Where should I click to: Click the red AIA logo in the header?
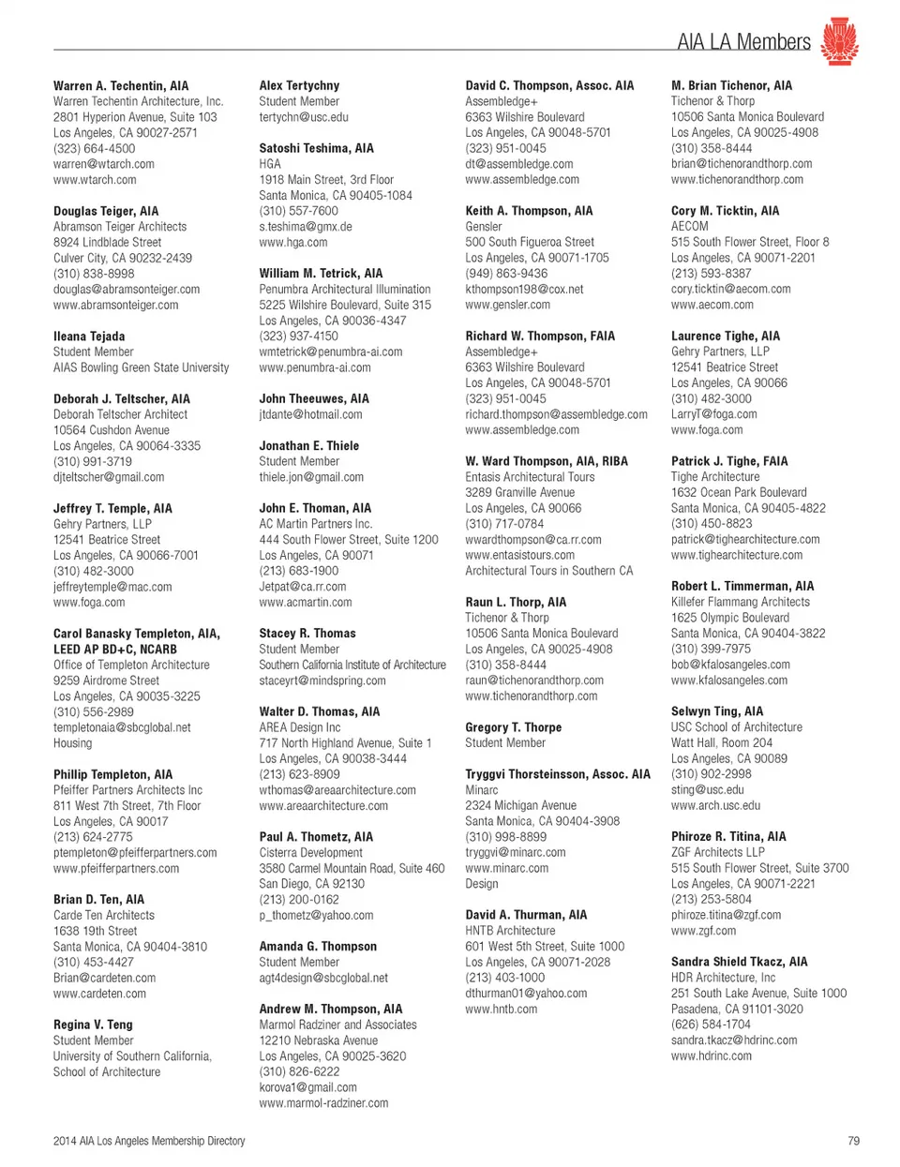pyautogui.click(x=839, y=41)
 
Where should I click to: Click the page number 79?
pyautogui.click(x=852, y=1141)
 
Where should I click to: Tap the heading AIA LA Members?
pyautogui.click(x=742, y=42)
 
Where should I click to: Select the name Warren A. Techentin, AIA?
pyautogui.click(x=121, y=85)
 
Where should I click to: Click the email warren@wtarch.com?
pyautogui.click(x=104, y=164)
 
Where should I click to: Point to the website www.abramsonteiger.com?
pyautogui.click(x=115, y=305)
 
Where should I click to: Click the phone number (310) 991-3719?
pyautogui.click(x=93, y=461)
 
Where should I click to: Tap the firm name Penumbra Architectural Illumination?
pyautogui.click(x=345, y=290)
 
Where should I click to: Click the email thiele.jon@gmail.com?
pyautogui.click(x=311, y=477)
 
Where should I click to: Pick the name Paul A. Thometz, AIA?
pyautogui.click(x=316, y=837)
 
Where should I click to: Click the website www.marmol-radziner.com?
pyautogui.click(x=323, y=1103)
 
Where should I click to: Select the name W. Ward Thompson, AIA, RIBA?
pyautogui.click(x=547, y=461)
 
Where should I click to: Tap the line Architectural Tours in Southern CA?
pyautogui.click(x=548, y=571)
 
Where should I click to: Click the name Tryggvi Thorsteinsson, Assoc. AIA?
pyautogui.click(x=557, y=774)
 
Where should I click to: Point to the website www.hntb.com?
pyautogui.click(x=502, y=1010)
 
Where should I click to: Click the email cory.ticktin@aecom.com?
pyautogui.click(x=730, y=290)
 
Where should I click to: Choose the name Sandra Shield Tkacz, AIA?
pyautogui.click(x=739, y=962)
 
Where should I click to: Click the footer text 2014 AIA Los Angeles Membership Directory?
pyautogui.click(x=149, y=1141)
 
